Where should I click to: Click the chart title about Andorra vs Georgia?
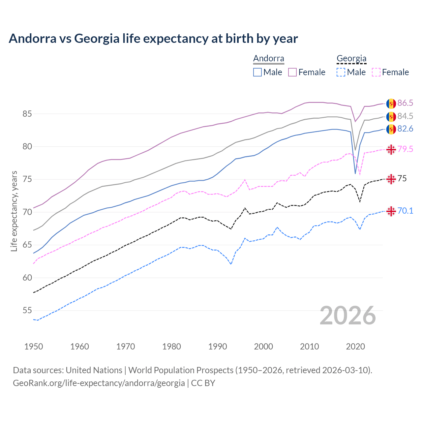click(x=153, y=39)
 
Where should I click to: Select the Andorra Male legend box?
click(x=257, y=72)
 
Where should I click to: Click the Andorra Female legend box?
click(x=292, y=72)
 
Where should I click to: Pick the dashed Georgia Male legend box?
click(x=341, y=72)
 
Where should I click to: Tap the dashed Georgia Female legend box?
click(x=376, y=72)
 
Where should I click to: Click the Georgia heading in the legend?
click(x=351, y=59)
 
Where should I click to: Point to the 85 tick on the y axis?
click(x=27, y=114)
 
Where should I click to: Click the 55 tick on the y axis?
click(x=27, y=311)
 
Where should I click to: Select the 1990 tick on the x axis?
click(x=218, y=347)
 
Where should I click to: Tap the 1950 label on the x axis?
click(x=34, y=347)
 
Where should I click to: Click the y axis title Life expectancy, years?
click(x=14, y=211)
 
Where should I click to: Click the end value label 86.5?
click(x=405, y=103)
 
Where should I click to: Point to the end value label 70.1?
click(x=405, y=211)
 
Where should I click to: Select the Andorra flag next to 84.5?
click(x=391, y=116)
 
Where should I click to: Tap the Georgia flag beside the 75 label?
click(x=391, y=179)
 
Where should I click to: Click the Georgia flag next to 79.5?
click(x=391, y=149)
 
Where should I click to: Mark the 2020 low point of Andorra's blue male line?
click(x=355, y=173)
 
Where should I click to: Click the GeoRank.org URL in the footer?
click(x=99, y=383)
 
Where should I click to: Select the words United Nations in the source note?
click(x=94, y=370)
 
